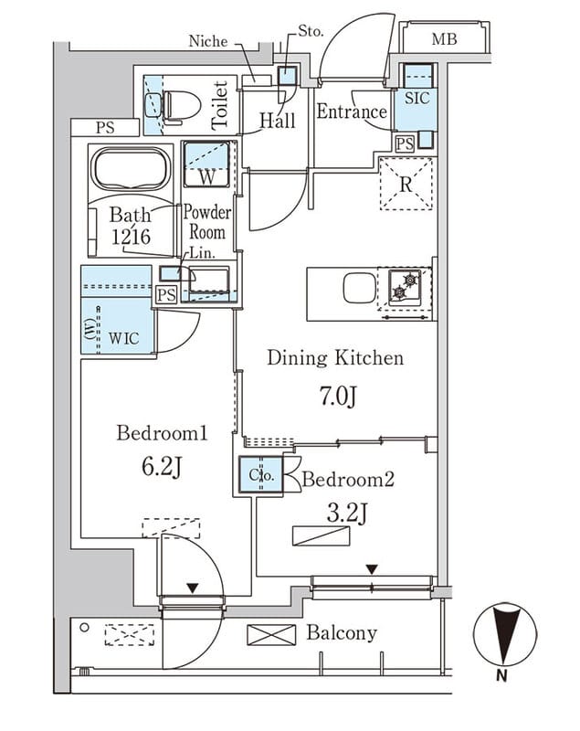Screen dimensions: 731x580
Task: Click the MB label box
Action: click(x=445, y=39)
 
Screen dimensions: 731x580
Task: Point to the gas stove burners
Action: click(x=402, y=287)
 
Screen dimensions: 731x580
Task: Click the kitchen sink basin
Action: click(x=357, y=291)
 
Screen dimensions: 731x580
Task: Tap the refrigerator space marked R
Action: click(x=406, y=184)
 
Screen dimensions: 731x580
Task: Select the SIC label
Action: click(x=417, y=98)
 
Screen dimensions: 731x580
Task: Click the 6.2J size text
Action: click(x=163, y=469)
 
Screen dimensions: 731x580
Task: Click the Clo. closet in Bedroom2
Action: click(x=261, y=476)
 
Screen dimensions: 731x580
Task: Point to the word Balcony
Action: click(x=342, y=632)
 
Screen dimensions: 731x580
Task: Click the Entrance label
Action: click(x=352, y=112)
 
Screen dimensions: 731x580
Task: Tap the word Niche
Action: click(x=207, y=41)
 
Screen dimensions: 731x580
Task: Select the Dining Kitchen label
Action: click(x=335, y=357)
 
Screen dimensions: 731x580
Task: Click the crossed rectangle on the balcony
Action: click(x=272, y=633)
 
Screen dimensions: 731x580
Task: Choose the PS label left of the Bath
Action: click(x=105, y=128)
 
